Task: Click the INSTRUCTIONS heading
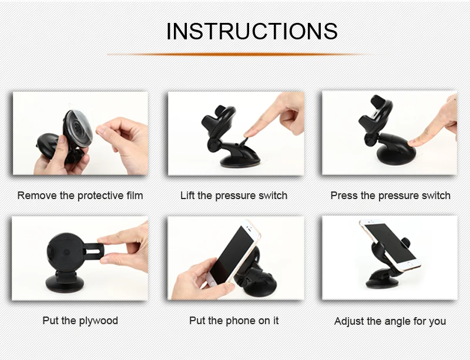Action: point(252,31)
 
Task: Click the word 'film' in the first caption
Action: point(135,196)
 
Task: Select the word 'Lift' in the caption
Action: point(187,196)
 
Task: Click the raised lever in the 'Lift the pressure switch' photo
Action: point(242,142)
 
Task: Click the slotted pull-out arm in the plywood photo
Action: point(93,248)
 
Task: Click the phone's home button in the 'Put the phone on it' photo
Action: point(212,282)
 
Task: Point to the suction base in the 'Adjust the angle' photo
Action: point(382,283)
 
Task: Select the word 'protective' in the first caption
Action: point(100,196)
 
